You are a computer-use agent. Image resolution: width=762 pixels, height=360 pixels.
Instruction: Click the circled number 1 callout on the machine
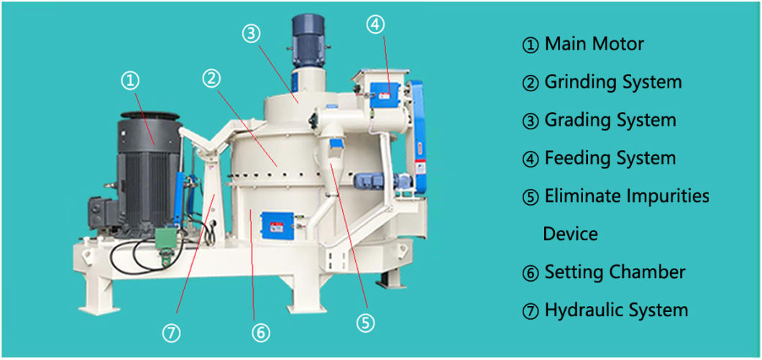click(129, 82)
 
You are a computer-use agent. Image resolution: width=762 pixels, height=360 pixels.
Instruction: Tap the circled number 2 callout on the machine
click(211, 79)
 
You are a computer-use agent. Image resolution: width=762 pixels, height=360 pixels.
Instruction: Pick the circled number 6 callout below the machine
click(260, 333)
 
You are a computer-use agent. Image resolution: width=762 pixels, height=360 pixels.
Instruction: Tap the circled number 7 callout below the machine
click(172, 333)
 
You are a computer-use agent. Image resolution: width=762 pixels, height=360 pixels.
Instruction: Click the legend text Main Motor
click(594, 45)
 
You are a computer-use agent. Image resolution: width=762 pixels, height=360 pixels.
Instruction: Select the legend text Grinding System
click(612, 82)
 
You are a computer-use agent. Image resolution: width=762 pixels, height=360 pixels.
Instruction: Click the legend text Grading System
click(610, 120)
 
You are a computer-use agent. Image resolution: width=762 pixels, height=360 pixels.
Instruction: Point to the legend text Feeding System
click(610, 158)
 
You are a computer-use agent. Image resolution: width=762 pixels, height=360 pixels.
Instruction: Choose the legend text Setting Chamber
click(615, 272)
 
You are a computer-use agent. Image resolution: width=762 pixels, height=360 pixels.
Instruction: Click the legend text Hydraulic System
click(616, 310)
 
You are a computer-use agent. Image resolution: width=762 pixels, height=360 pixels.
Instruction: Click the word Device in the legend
click(570, 234)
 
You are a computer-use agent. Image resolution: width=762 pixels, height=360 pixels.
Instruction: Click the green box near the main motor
click(166, 239)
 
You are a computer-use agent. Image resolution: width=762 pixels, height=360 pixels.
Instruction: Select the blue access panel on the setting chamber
click(277, 225)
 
